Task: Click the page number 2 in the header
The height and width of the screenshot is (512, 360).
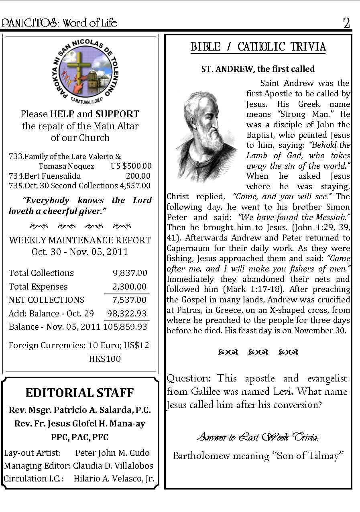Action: pyautogui.click(x=346, y=23)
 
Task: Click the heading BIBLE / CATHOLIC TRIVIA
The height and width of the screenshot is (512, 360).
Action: pyautogui.click(x=258, y=47)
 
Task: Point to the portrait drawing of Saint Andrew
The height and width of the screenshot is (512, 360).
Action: pyautogui.click(x=206, y=136)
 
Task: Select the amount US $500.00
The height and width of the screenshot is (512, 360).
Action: pyautogui.click(x=131, y=166)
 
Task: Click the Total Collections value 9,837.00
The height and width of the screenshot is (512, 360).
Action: pyautogui.click(x=130, y=273)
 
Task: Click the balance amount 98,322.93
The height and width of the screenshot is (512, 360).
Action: pyautogui.click(x=127, y=314)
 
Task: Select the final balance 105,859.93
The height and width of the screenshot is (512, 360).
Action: pyautogui.click(x=125, y=327)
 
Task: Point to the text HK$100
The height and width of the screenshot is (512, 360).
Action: pyautogui.click(x=105, y=359)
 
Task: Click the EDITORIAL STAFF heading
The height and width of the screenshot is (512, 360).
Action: pyautogui.click(x=79, y=393)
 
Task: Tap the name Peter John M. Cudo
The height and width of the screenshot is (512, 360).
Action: pyautogui.click(x=112, y=453)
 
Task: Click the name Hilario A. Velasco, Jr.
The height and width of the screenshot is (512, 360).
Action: pyautogui.click(x=114, y=479)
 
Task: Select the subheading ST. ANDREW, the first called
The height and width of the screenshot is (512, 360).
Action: pyautogui.click(x=258, y=69)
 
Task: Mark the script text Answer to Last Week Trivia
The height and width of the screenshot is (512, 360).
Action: pyautogui.click(x=258, y=437)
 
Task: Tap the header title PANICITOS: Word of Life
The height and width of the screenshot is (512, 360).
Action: pyautogui.click(x=59, y=23)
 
